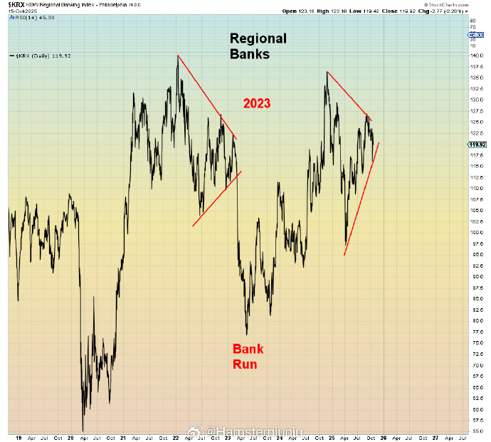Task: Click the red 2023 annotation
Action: click(x=257, y=103)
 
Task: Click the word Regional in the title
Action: click(x=258, y=38)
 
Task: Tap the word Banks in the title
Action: click(x=249, y=53)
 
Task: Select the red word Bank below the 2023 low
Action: click(x=248, y=349)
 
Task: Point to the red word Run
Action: click(x=245, y=364)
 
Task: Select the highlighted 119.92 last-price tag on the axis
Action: click(x=477, y=144)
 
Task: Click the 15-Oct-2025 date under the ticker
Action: click(x=23, y=11)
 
